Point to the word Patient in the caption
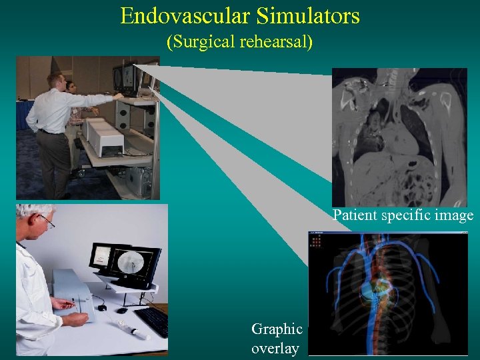click(355, 215)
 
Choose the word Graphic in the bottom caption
click(277, 329)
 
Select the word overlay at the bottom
click(275, 349)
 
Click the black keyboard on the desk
click(153, 321)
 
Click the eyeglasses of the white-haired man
click(45, 220)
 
